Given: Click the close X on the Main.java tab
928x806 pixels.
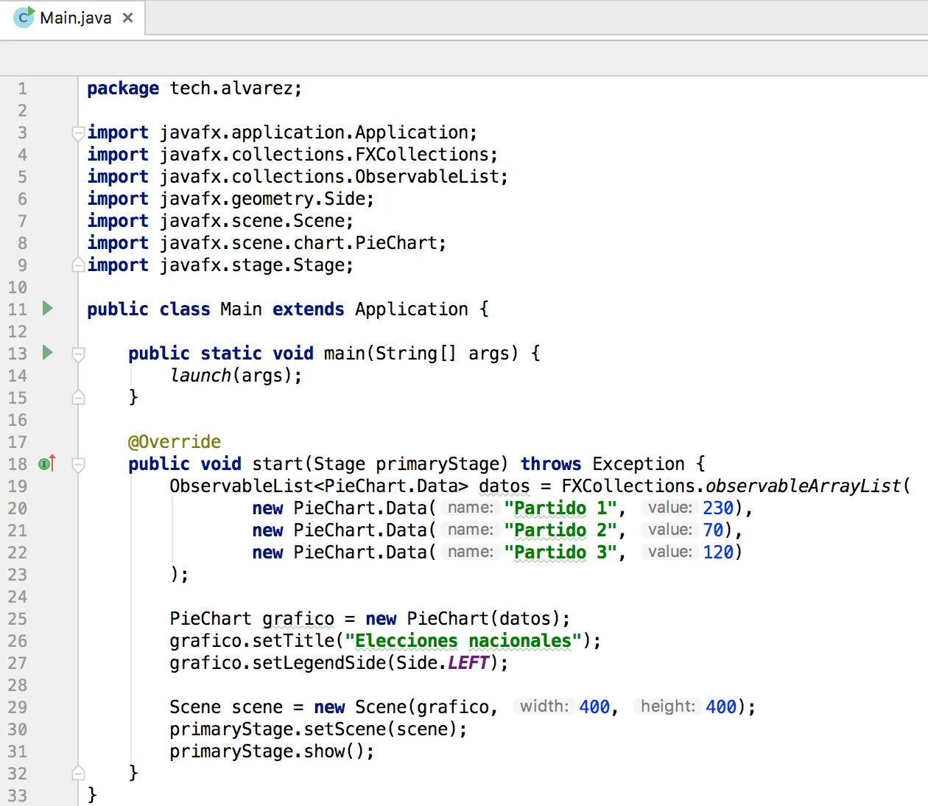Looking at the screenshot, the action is click(x=128, y=18).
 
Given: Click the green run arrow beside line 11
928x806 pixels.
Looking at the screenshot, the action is click(x=48, y=309).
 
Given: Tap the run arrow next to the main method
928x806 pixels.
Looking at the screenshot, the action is click(x=48, y=352).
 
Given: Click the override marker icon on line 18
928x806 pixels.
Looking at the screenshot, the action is click(x=46, y=463).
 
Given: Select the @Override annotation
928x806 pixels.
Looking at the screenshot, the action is click(x=174, y=442).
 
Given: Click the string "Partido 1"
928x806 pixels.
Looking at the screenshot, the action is click(x=560, y=508).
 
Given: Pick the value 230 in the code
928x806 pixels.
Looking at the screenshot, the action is click(x=718, y=508).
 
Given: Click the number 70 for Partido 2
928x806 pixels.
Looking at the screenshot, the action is click(x=713, y=530).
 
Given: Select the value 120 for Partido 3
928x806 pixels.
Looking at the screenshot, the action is click(x=718, y=553).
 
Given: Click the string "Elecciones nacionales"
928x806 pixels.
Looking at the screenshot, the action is click(x=463, y=641).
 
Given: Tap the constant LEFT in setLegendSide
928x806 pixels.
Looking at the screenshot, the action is click(x=468, y=663).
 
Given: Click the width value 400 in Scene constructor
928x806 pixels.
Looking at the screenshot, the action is click(x=594, y=707).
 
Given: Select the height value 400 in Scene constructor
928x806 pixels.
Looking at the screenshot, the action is click(x=721, y=707).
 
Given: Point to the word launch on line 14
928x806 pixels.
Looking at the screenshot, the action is click(x=200, y=376).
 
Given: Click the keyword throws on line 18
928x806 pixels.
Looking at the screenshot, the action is click(x=551, y=464).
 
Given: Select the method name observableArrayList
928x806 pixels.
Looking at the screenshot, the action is click(x=804, y=486).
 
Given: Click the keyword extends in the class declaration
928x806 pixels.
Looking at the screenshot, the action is click(x=308, y=309).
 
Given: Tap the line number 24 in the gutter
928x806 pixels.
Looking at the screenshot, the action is click(x=17, y=597).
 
